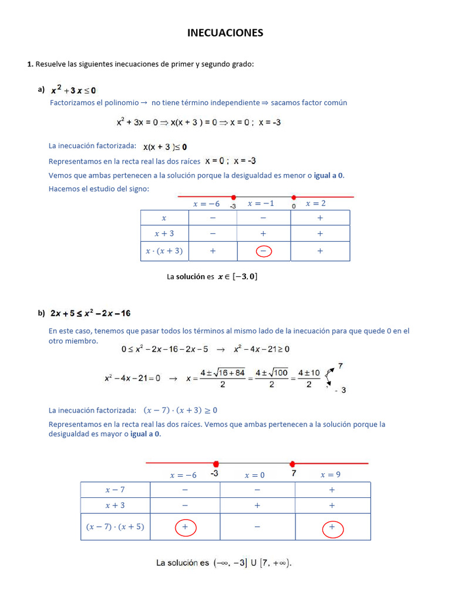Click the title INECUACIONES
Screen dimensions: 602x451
(225, 33)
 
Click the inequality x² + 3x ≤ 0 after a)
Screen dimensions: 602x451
(73, 91)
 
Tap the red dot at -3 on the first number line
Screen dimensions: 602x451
(234, 198)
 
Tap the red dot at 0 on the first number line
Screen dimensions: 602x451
(294, 198)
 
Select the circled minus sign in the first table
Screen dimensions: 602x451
(264, 251)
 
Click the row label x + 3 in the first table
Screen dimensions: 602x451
(164, 233)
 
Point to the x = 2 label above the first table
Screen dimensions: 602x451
(315, 204)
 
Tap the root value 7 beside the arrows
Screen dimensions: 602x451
(341, 366)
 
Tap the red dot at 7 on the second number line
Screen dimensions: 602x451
(292, 464)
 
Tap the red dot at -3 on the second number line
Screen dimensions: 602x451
(216, 464)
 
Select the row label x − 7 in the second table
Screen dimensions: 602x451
(115, 490)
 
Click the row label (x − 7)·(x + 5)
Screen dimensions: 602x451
(115, 527)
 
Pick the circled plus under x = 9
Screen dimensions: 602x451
(332, 528)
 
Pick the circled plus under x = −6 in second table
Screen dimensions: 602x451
(185, 528)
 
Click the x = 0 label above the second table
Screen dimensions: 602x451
(255, 475)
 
